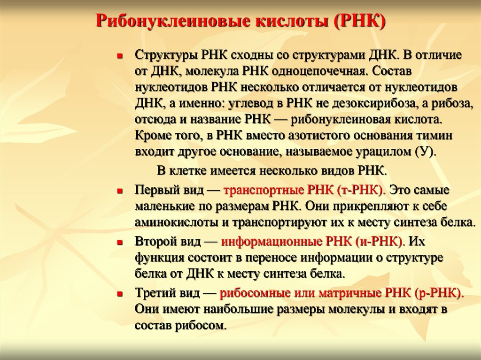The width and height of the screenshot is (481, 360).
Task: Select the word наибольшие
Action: point(248,309)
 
